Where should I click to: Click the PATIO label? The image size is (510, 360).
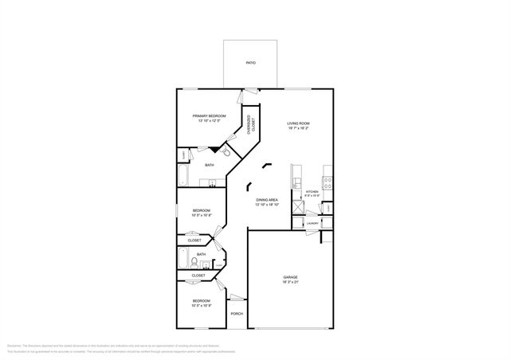pyautogui.click(x=250, y=61)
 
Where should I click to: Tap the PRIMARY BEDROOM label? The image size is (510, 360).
pyautogui.click(x=210, y=116)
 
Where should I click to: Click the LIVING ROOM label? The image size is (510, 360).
pyautogui.click(x=298, y=123)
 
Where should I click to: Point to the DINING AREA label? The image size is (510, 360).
pyautogui.click(x=266, y=200)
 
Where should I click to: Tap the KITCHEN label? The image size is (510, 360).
pyautogui.click(x=312, y=192)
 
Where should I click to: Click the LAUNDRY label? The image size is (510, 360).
pyautogui.click(x=313, y=223)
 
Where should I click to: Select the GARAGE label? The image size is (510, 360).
pyautogui.click(x=290, y=277)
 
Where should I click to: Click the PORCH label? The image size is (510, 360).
pyautogui.click(x=237, y=314)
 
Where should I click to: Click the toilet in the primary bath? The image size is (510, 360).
pyautogui.click(x=226, y=151)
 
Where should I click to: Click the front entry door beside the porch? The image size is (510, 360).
pyautogui.click(x=236, y=298)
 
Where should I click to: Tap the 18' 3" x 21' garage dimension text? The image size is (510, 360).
pyautogui.click(x=290, y=282)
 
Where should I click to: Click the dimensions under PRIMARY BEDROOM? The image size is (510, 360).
pyautogui.click(x=210, y=121)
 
